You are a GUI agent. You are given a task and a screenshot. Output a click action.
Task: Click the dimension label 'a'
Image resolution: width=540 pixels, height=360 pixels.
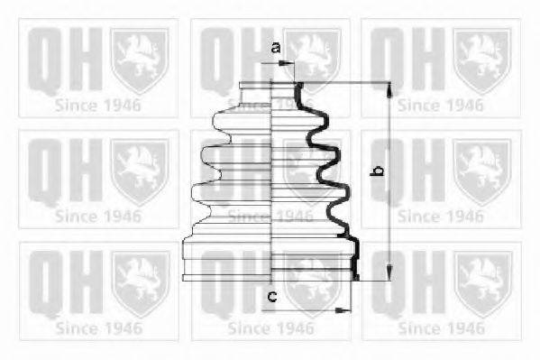pyautogui.click(x=276, y=48)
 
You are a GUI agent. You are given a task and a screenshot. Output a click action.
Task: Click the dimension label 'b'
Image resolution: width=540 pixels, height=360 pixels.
pyautogui.click(x=377, y=171)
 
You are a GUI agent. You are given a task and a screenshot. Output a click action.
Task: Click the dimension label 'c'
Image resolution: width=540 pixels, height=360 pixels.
pyautogui.click(x=272, y=296)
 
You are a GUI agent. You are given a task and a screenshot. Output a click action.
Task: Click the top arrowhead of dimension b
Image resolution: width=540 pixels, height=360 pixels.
pyautogui.click(x=389, y=89)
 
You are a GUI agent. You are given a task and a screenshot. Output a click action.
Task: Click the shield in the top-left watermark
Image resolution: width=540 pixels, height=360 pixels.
pyautogui.click(x=140, y=60)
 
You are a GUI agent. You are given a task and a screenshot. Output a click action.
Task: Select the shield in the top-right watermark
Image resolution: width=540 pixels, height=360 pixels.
pyautogui.click(x=481, y=60)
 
